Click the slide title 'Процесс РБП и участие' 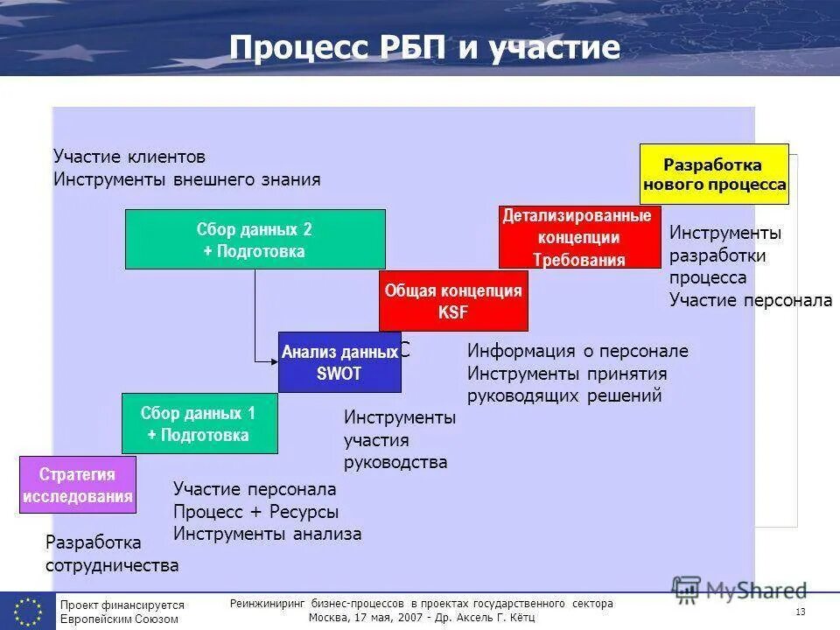pos(424,48)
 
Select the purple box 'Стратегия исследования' pos(78,485)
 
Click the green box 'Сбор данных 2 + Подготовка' pos(255,239)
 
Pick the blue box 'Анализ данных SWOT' pos(339,362)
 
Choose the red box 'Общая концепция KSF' pos(453,301)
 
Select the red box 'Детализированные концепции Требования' pos(579,237)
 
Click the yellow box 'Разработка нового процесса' pos(714,174)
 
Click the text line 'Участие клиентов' pos(129,157)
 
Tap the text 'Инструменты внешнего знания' pos(187,179)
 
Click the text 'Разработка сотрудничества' pos(112,554)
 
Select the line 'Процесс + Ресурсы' pos(255,512)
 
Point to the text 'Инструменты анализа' pos(267,534)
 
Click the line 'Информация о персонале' pos(577,351)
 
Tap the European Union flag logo pos(27,610)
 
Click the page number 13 pos(801,611)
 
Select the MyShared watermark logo pos(739,589)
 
